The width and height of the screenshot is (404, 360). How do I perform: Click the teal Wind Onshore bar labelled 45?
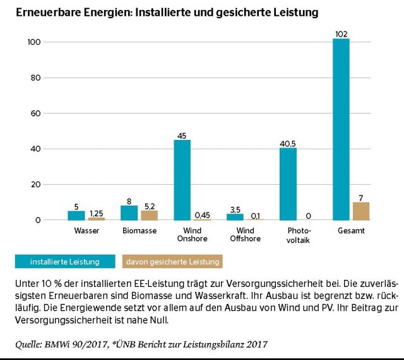[182, 180]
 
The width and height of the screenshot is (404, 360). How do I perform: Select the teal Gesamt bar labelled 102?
[341, 129]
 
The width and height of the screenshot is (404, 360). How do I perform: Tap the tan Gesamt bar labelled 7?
[361, 211]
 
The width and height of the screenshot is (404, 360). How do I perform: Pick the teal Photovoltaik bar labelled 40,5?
[288, 184]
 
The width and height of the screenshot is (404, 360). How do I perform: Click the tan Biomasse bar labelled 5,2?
[150, 215]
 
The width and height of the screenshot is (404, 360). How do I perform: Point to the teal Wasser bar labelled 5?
[76, 216]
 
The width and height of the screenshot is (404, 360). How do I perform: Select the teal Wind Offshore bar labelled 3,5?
[235, 217]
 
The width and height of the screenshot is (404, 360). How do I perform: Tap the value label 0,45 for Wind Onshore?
[203, 214]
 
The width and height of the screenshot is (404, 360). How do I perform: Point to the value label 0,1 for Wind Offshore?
[255, 215]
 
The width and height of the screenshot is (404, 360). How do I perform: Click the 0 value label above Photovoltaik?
[309, 215]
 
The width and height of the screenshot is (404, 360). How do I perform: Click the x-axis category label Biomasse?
[140, 231]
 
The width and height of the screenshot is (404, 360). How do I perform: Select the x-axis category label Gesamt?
[351, 231]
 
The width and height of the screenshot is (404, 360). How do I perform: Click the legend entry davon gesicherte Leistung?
[170, 261]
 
